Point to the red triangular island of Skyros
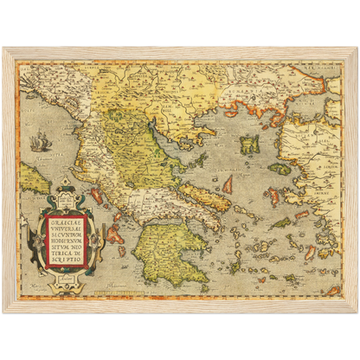coord(228,184)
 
